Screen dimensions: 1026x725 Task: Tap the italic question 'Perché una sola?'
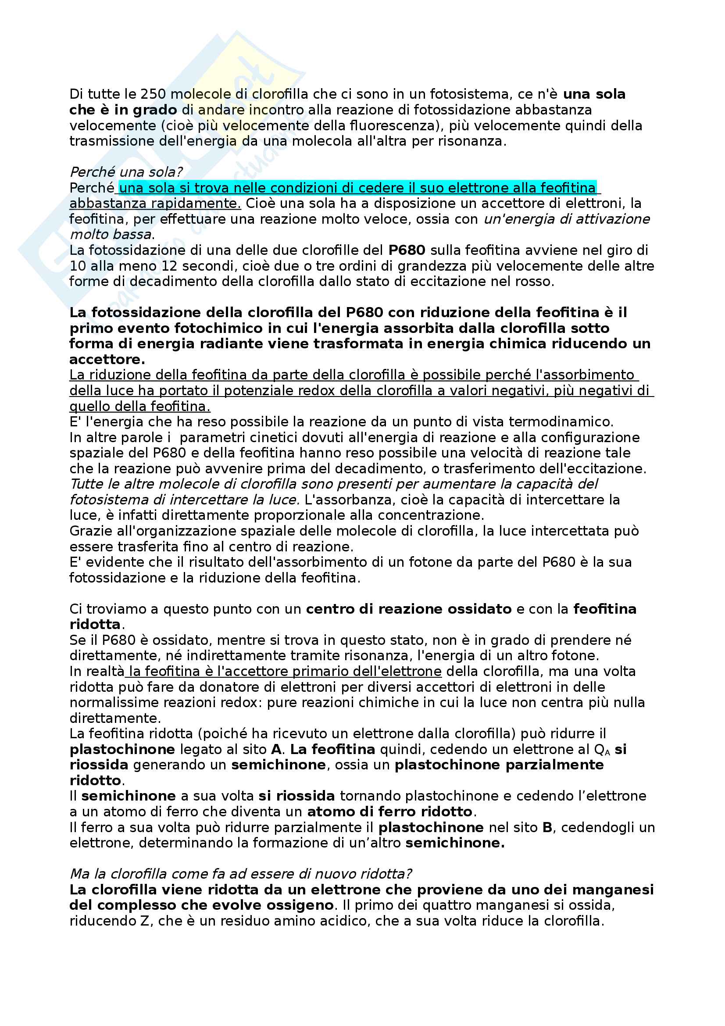tap(126, 172)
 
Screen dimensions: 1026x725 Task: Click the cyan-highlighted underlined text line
tap(357, 188)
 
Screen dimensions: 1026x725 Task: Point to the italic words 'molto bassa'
tap(111, 235)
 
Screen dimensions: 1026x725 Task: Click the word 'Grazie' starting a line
tap(90, 531)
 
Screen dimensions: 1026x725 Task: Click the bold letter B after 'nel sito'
tap(547, 828)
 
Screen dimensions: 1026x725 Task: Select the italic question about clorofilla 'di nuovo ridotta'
tap(241, 874)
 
